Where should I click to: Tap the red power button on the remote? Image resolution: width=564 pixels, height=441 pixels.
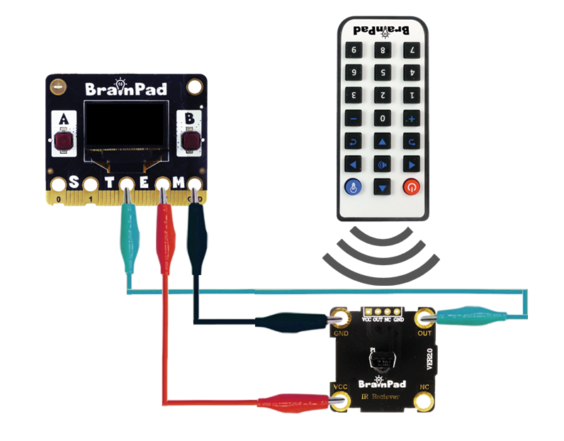click(411, 187)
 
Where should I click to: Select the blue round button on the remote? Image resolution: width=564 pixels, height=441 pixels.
click(353, 187)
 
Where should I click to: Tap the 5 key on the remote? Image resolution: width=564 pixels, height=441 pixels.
click(382, 72)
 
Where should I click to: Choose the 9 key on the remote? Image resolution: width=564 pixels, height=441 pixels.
click(353, 50)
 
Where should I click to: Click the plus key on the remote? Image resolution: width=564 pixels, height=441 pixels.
click(411, 118)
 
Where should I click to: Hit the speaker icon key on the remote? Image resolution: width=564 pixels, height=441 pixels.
click(382, 164)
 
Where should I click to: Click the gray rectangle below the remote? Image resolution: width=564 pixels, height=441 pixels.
click(381, 256)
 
